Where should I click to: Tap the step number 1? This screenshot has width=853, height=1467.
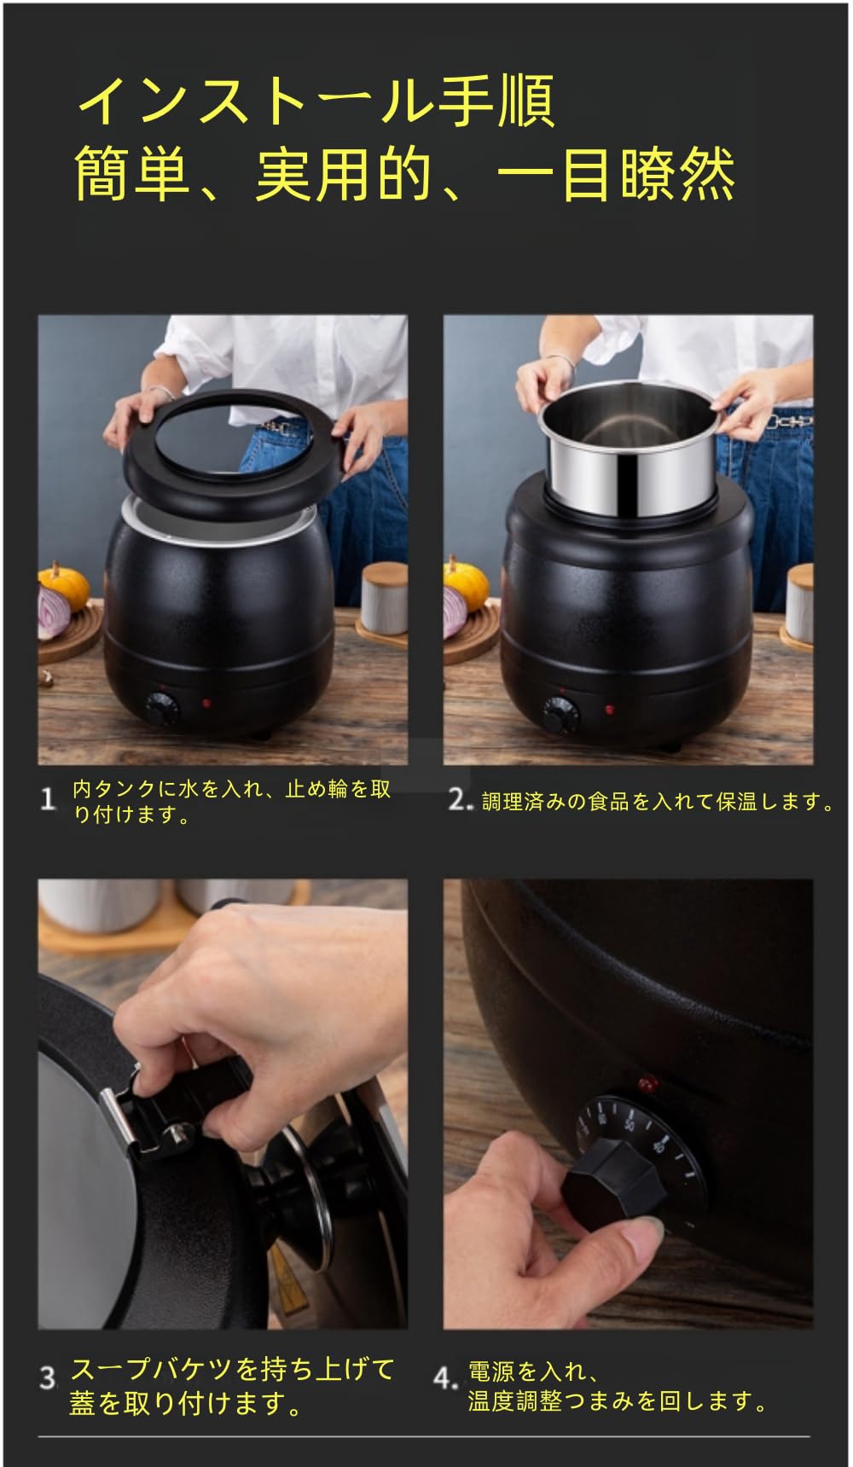(x=49, y=800)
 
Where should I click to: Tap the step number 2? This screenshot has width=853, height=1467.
(x=459, y=800)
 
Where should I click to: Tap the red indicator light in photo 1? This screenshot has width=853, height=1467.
(x=206, y=704)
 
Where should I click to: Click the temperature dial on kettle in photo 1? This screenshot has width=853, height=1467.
(x=160, y=707)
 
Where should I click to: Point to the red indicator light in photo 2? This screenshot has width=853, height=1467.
(x=609, y=709)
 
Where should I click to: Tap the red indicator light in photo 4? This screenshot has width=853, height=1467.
(x=648, y=1085)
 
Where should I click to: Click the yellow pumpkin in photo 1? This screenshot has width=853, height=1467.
(x=65, y=585)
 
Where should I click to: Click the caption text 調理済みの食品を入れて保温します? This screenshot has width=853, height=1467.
(x=657, y=802)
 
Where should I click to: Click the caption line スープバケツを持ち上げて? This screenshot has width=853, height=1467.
(x=232, y=1369)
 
